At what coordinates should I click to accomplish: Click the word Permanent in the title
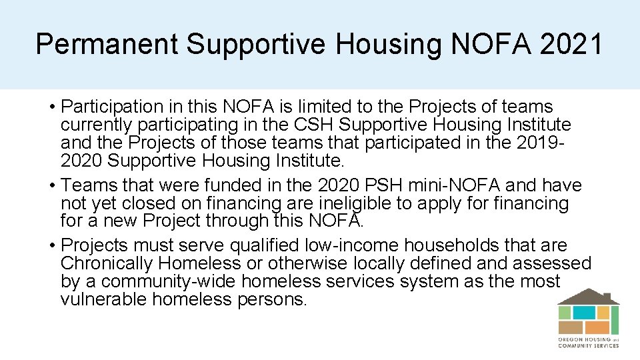pyautogui.click(x=107, y=44)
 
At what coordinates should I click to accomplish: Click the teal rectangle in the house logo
pyautogui.click(x=584, y=312)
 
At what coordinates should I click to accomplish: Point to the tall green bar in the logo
pyautogui.click(x=615, y=320)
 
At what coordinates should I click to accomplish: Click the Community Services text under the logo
pyautogui.click(x=589, y=346)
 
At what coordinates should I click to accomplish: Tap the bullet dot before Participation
pyautogui.click(x=51, y=107)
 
